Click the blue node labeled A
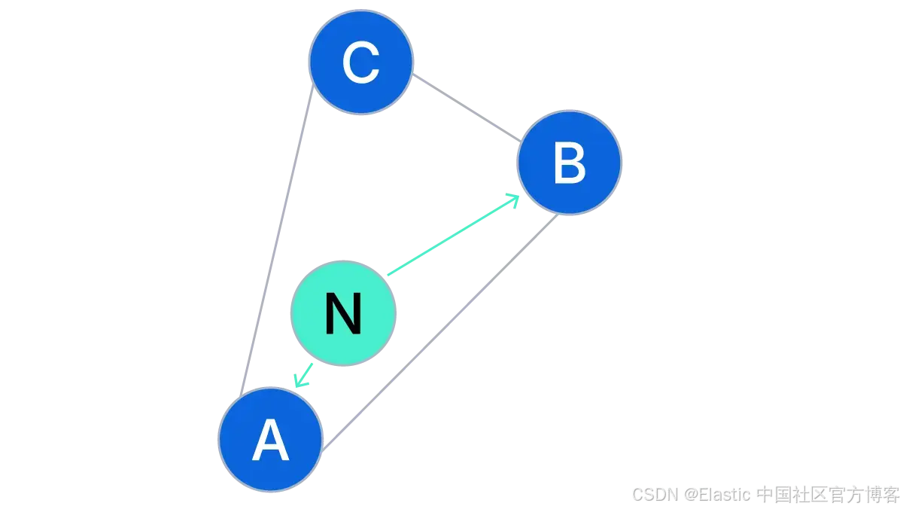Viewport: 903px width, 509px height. point(271,440)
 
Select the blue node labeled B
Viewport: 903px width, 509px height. point(569,163)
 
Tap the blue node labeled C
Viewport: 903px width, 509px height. point(361,62)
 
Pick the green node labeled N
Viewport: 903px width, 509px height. point(343,313)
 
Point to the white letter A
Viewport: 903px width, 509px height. point(271,441)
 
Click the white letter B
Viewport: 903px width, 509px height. point(570,163)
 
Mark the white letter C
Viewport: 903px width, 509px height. point(361,62)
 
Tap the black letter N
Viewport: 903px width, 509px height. point(343,314)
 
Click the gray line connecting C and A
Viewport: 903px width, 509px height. point(276,241)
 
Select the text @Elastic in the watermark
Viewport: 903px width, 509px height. point(717,495)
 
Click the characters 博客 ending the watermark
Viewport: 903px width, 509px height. point(881,495)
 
